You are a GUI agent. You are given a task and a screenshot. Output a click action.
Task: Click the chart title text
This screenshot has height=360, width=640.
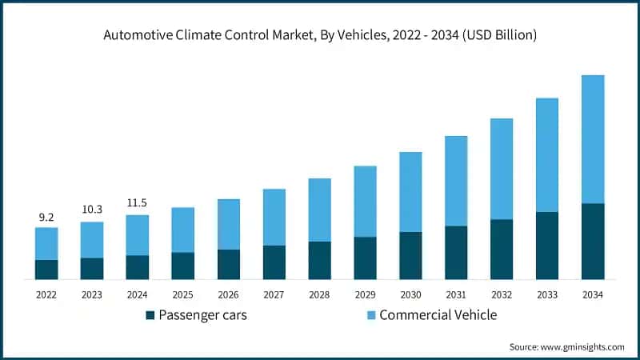pyautogui.click(x=320, y=34)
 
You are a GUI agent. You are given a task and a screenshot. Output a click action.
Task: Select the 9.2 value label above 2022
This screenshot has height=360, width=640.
pyautogui.click(x=46, y=216)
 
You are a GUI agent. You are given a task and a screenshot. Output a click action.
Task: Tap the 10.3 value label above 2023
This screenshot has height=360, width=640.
pyautogui.click(x=92, y=209)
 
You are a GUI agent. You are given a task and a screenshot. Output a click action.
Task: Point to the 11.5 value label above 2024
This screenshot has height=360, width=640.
pyautogui.click(x=138, y=202)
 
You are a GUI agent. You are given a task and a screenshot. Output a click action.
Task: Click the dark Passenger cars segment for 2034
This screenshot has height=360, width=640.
pyautogui.click(x=593, y=242)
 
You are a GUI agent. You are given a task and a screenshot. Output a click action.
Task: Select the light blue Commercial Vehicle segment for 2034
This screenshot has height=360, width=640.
pyautogui.click(x=593, y=139)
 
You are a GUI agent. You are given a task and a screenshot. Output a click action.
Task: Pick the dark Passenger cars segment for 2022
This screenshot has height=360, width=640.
pyautogui.click(x=46, y=270)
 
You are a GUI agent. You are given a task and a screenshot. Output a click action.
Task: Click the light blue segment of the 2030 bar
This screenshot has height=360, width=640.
pyautogui.click(x=410, y=192)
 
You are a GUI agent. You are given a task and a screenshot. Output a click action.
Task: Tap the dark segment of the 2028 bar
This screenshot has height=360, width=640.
pyautogui.click(x=320, y=260)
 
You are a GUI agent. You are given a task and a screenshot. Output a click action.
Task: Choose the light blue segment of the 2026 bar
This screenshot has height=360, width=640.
pyautogui.click(x=229, y=224)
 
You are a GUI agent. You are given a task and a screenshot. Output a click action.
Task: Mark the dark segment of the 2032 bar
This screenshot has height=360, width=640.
pyautogui.click(x=502, y=250)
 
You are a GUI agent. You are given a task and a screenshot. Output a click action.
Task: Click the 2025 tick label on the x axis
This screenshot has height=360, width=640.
pyautogui.click(x=183, y=295)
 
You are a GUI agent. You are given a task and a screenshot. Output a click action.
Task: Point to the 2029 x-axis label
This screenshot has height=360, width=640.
pyautogui.click(x=365, y=295)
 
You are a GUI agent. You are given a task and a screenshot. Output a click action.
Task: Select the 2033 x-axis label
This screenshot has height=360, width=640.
pyautogui.click(x=547, y=295)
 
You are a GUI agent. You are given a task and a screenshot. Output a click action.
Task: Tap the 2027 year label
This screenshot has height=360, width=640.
pyautogui.click(x=274, y=295)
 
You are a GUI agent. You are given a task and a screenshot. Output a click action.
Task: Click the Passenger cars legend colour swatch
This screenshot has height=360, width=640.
pyautogui.click(x=150, y=315)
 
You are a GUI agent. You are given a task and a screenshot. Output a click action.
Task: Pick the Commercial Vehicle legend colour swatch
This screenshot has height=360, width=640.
pyautogui.click(x=370, y=315)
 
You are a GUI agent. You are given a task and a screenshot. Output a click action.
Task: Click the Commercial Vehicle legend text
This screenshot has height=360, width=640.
pyautogui.click(x=438, y=315)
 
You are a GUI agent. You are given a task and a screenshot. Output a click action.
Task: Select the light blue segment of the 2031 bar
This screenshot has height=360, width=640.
pyautogui.click(x=456, y=181)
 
